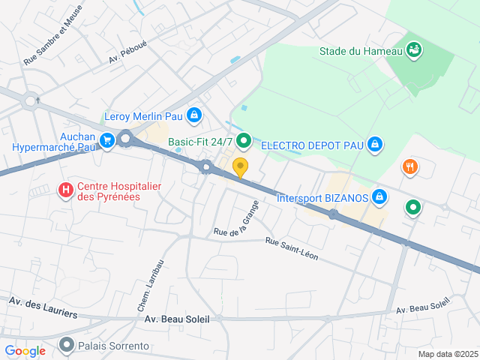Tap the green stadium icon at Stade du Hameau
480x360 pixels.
click(x=413, y=50)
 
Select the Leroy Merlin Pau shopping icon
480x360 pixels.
click(x=194, y=115)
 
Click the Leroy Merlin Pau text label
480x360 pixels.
click(x=142, y=116)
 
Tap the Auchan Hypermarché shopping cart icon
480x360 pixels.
click(x=107, y=139)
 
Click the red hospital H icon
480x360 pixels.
click(x=66, y=190)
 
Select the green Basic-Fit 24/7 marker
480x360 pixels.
click(x=243, y=140)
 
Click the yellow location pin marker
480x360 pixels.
click(x=240, y=166)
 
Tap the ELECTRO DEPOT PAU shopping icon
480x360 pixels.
click(x=376, y=144)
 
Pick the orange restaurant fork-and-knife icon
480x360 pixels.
click(x=409, y=167)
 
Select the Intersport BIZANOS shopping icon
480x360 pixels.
click(x=380, y=196)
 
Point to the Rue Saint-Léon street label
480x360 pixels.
click(x=292, y=250)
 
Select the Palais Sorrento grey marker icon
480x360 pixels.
click(x=67, y=345)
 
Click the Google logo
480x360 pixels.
click(x=25, y=350)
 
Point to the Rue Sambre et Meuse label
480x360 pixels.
click(x=52, y=34)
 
